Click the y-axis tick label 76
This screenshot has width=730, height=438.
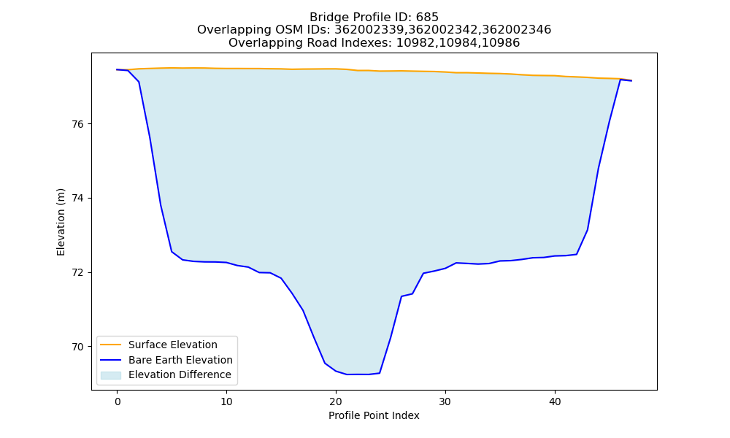(78, 124)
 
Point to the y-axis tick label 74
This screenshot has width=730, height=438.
(78, 199)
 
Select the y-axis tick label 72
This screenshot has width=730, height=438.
(78, 273)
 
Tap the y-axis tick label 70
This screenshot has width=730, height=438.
(78, 347)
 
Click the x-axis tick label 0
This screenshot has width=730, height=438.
(118, 401)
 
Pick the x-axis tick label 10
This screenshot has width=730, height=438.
(227, 401)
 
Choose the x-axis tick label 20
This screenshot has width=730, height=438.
(336, 401)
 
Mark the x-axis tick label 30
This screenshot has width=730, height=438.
(445, 401)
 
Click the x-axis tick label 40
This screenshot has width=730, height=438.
(555, 401)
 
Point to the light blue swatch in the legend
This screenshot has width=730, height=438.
(111, 375)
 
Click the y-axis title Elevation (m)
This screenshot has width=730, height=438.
(61, 222)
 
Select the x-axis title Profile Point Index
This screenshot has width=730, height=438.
(374, 415)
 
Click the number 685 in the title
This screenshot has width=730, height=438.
(428, 18)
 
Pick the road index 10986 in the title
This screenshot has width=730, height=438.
(501, 43)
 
